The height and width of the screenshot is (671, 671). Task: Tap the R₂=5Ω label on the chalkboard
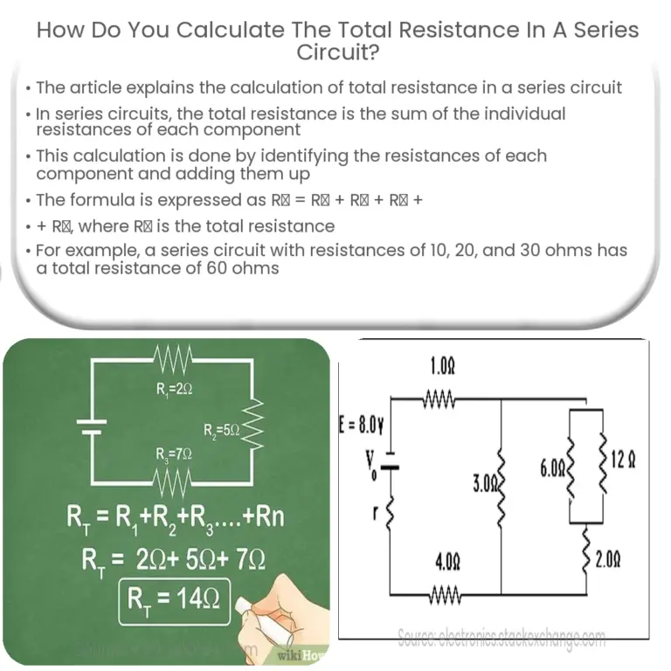pos(222,429)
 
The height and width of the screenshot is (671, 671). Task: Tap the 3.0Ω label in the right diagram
pos(485,481)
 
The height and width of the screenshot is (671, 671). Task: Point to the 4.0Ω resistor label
pos(447,564)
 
